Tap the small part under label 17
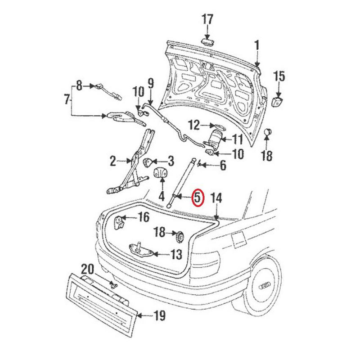207,41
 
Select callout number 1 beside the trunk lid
257,45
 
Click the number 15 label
279,76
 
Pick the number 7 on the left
67,98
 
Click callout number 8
79,85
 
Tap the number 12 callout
193,125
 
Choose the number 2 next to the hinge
113,160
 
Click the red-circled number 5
198,198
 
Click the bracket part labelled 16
120,223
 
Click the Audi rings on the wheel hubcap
263,287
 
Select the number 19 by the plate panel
159,316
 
